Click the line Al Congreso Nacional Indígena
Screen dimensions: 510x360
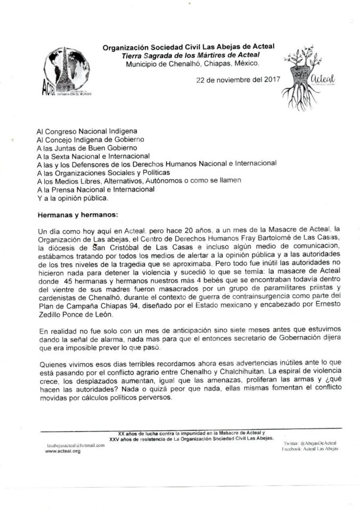87,130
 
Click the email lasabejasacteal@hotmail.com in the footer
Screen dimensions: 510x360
75,444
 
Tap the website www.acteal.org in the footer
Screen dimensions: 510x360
63,451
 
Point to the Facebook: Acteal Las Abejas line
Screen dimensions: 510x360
310,449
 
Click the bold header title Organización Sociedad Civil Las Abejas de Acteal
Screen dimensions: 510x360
189,47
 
